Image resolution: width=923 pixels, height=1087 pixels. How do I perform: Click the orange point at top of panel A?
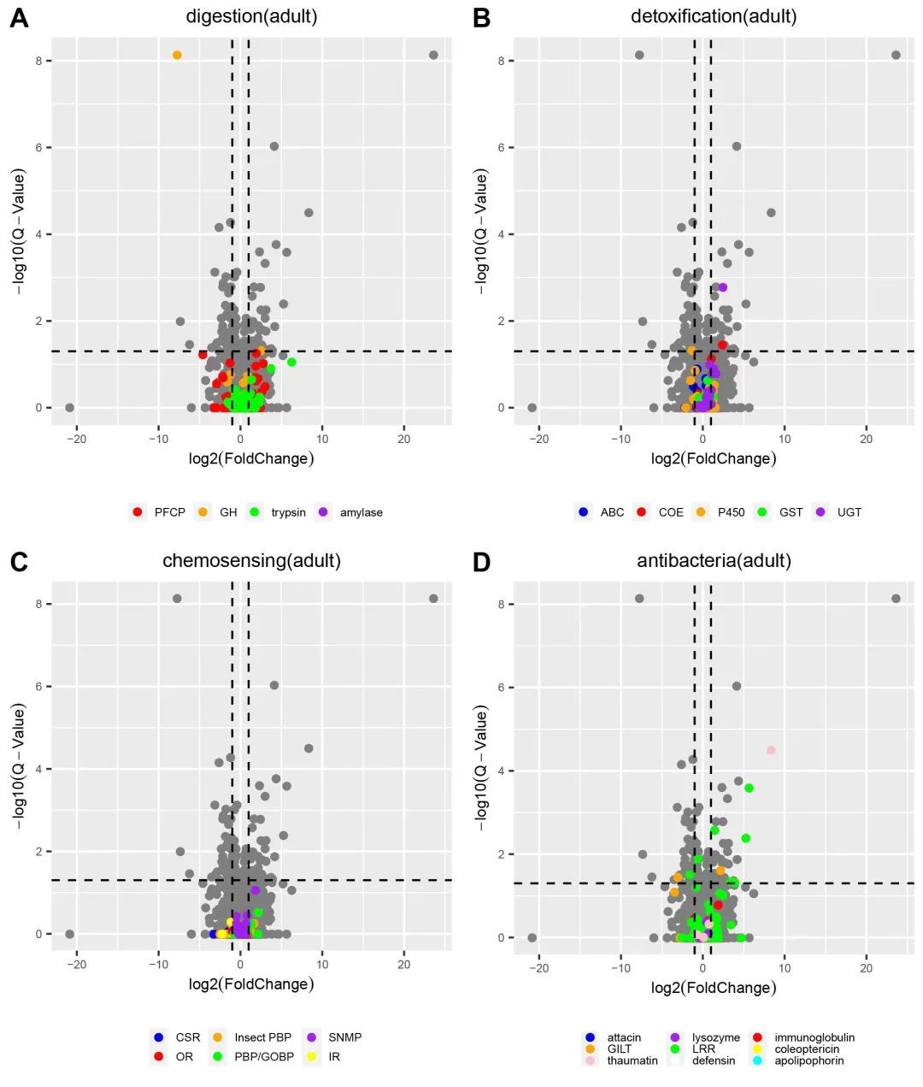(177, 55)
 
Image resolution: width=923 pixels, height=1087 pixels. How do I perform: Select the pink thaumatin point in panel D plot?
(771, 750)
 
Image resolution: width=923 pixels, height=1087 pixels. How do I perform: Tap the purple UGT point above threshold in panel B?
(722, 287)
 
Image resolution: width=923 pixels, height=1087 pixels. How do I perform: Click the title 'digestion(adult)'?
(251, 16)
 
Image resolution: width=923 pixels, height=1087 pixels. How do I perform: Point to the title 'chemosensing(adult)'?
(251, 561)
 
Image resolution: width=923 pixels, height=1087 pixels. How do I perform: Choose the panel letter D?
(481, 562)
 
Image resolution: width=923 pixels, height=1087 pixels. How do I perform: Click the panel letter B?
(481, 18)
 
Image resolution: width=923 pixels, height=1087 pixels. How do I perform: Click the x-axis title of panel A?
(251, 458)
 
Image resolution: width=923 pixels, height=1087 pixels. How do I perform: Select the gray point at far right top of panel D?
(896, 599)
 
